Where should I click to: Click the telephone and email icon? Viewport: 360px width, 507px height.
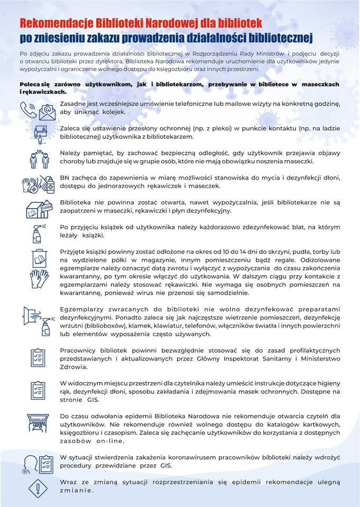[38, 108]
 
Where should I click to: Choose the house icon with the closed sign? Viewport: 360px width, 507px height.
[38, 209]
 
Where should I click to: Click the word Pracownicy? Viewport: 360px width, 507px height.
[80, 350]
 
